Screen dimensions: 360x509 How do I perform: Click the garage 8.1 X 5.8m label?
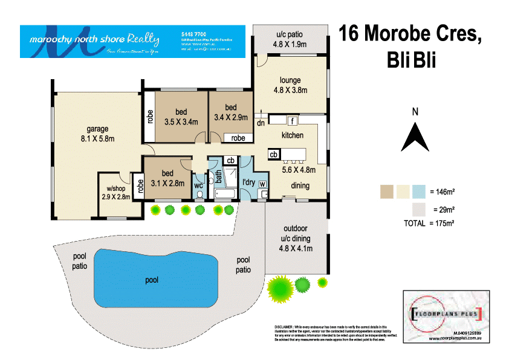pos(97,133)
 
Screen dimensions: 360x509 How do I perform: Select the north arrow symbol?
pos(415,137)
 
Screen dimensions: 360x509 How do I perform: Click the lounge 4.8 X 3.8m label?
pos(291,85)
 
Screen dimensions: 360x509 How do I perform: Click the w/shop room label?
pos(114,192)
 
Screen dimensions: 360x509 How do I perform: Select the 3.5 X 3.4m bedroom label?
pos(181,117)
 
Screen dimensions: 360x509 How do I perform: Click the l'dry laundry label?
pos(248,182)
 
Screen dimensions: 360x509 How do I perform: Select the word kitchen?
pos(292,135)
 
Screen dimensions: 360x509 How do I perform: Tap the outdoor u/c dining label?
pos(296,238)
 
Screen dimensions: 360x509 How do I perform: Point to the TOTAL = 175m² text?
pos(429,223)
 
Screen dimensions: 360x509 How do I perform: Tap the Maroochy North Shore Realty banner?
pos(132,41)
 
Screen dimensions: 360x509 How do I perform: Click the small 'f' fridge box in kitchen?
pos(291,120)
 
